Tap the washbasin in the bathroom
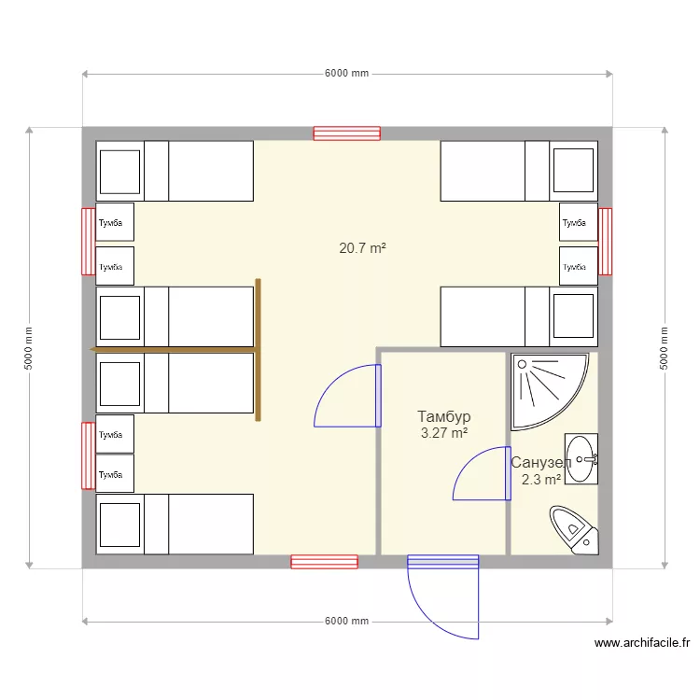pyautogui.click(x=581, y=459)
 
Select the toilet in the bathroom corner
pyautogui.click(x=574, y=530)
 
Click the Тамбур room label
pyautogui.click(x=443, y=416)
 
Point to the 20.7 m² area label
pyautogui.click(x=362, y=247)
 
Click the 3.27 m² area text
pyautogui.click(x=444, y=432)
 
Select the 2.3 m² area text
pyautogui.click(x=541, y=480)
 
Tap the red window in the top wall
pyautogui.click(x=347, y=133)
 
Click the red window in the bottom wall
pyautogui.click(x=324, y=562)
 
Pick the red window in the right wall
pyautogui.click(x=605, y=242)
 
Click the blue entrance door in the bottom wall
pyautogui.click(x=442, y=596)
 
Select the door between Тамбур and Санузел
pyautogui.click(x=483, y=473)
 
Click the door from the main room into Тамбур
pyautogui.click(x=347, y=396)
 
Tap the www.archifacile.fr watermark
pyautogui.click(x=642, y=643)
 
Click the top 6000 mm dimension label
pyautogui.click(x=347, y=73)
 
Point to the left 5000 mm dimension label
pyautogui.click(x=28, y=348)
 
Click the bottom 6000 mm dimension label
pyautogui.click(x=347, y=621)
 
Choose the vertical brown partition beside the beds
pyautogui.click(x=258, y=350)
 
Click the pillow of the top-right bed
pyautogui.click(x=573, y=170)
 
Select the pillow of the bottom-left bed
pyautogui.click(x=119, y=525)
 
